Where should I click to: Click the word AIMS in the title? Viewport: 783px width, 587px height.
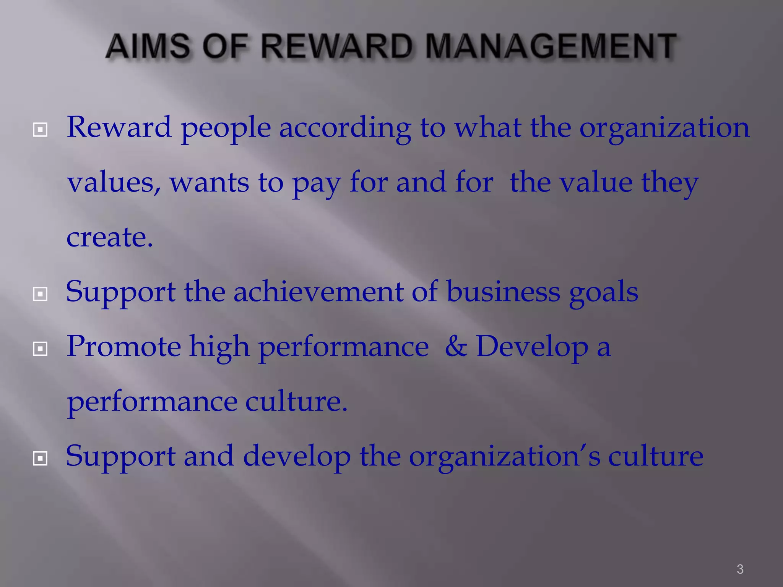click(x=148, y=47)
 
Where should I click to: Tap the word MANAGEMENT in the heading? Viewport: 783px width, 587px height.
click(x=551, y=47)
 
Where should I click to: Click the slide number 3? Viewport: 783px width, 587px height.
click(x=740, y=569)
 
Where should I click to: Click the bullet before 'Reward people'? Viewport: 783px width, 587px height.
click(x=40, y=130)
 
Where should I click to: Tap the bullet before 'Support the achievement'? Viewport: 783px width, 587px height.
click(x=40, y=294)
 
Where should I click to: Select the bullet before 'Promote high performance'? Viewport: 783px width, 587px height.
click(x=40, y=349)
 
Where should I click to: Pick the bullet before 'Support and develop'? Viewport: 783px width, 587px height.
click(x=40, y=458)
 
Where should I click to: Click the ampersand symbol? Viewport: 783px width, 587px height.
click(x=456, y=346)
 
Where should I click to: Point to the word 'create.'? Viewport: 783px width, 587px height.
click(x=110, y=237)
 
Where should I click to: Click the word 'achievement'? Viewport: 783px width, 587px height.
click(x=318, y=292)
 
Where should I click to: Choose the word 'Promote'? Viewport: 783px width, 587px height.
click(x=123, y=346)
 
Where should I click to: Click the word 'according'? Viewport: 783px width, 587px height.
click(x=345, y=128)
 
